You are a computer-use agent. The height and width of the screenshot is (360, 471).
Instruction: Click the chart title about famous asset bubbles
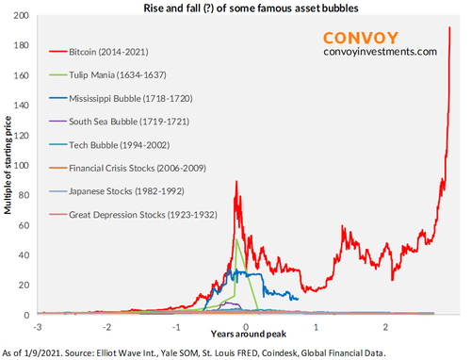(242, 8)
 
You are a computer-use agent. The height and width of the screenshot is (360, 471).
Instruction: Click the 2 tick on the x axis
(385, 326)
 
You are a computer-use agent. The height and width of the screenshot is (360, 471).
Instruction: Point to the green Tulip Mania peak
(235, 239)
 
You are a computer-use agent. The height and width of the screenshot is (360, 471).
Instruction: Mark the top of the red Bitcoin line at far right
(449, 28)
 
